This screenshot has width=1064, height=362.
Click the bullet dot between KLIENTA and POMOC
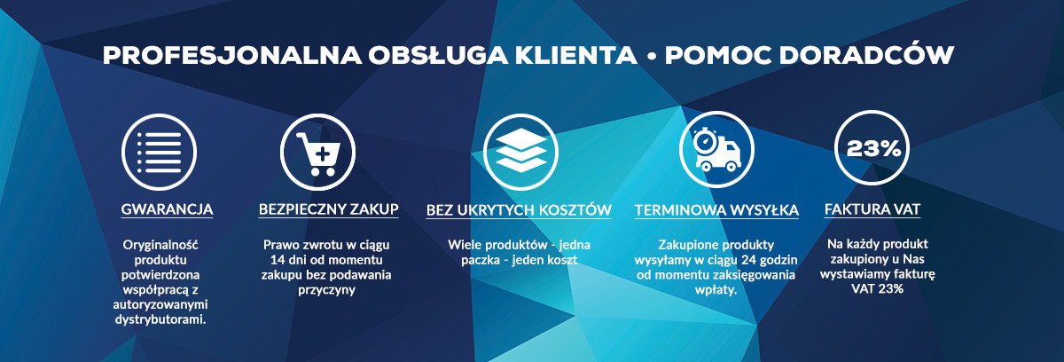651,56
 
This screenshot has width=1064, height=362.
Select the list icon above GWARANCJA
159,152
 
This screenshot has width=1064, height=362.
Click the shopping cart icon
317,152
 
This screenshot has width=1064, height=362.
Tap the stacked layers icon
520,152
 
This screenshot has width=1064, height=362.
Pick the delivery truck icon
716,150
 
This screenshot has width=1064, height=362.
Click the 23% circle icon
872,148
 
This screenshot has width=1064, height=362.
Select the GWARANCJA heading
167,209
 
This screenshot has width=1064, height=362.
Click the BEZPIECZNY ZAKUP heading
329,209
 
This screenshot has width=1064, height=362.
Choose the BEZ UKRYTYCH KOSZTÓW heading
519,209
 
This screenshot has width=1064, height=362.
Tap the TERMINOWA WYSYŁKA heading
716,210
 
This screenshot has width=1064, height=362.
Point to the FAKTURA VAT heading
872,209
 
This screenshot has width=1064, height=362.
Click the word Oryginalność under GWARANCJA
160,245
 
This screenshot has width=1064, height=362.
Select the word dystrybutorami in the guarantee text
160,319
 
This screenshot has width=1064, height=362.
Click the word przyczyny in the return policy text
327,290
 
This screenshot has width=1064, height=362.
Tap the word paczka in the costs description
481,260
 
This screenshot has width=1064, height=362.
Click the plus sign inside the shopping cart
323,153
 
